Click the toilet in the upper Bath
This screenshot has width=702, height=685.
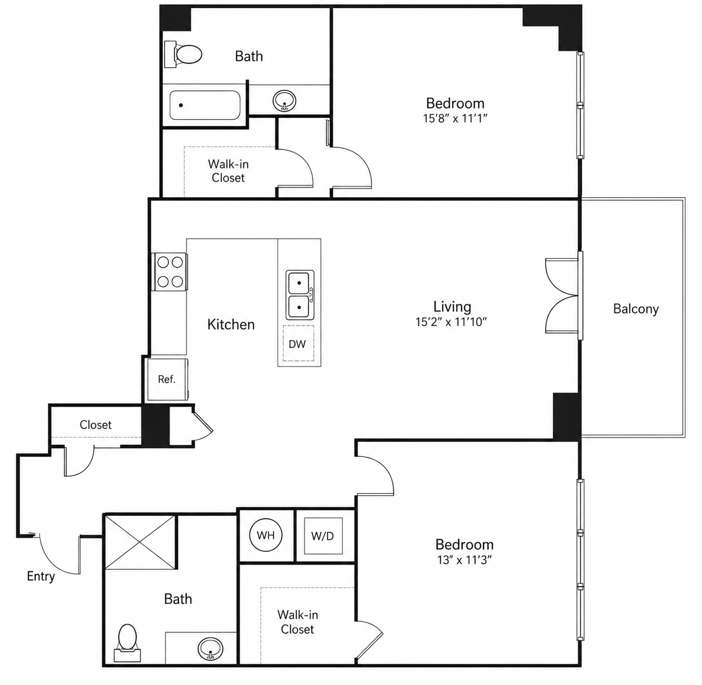point(183,55)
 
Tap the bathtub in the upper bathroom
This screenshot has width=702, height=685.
point(205,105)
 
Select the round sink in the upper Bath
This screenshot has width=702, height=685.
point(284,100)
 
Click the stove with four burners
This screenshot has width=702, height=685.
point(169,272)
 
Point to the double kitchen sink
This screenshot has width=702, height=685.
point(300,295)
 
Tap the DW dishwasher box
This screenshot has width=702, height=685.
point(298,344)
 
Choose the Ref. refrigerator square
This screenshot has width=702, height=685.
point(167,379)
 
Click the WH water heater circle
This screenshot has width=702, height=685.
point(266,535)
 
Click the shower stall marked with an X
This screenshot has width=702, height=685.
point(140,542)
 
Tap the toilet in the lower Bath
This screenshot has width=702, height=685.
point(128,643)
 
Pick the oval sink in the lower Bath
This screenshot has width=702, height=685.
point(210,649)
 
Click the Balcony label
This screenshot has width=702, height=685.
point(636,309)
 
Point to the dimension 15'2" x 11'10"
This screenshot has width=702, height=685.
point(452,322)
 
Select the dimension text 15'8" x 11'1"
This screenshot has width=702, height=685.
point(455,118)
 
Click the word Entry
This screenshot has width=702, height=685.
point(41,576)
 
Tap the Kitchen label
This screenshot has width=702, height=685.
point(231,324)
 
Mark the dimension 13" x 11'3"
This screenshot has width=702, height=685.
point(465,560)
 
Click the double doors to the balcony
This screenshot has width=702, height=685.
point(563,296)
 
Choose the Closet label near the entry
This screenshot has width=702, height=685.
point(95,425)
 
